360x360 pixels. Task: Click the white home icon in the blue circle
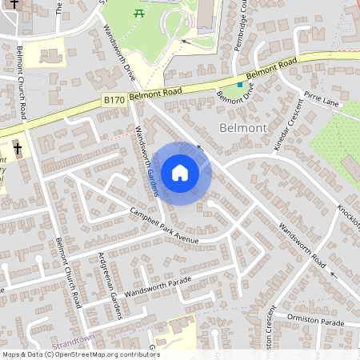[180, 173]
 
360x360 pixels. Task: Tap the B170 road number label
[114, 99]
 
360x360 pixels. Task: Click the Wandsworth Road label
[304, 250]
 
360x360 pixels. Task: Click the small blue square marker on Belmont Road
[238, 85]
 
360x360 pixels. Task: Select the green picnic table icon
[140, 13]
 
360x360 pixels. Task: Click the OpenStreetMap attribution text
[80, 354]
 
